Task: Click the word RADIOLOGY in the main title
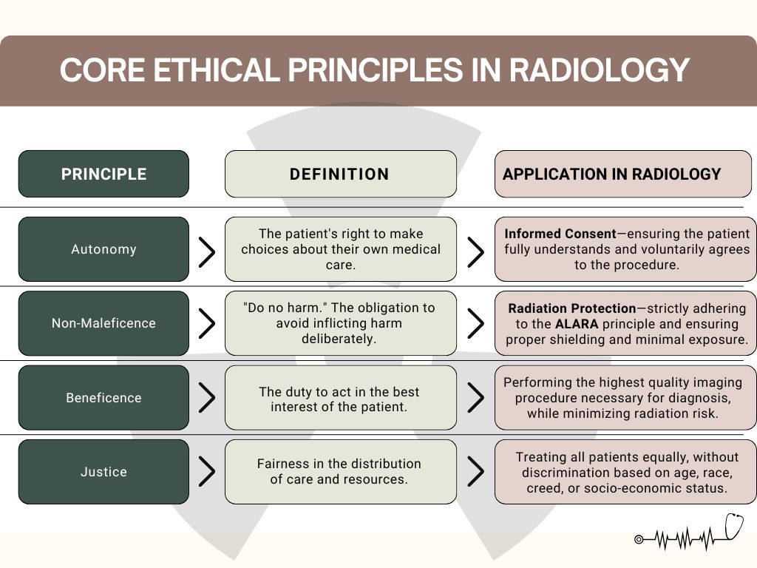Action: [x=599, y=70]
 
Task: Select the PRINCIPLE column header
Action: [x=103, y=174]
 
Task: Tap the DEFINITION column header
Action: [x=340, y=174]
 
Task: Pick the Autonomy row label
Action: [x=103, y=249]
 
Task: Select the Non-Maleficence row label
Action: [x=103, y=323]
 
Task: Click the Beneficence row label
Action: [x=103, y=397]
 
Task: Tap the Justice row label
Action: [x=103, y=472]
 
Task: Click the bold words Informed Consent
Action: [x=560, y=234]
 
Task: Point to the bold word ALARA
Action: [x=577, y=324]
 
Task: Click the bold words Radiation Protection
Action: [x=572, y=308]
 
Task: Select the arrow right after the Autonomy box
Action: [x=207, y=251]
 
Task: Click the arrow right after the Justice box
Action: [x=207, y=471]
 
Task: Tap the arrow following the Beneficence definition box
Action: [x=476, y=397]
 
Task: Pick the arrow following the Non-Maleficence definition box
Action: [x=476, y=323]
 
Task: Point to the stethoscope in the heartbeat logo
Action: [x=734, y=527]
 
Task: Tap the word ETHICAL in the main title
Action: [x=217, y=70]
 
